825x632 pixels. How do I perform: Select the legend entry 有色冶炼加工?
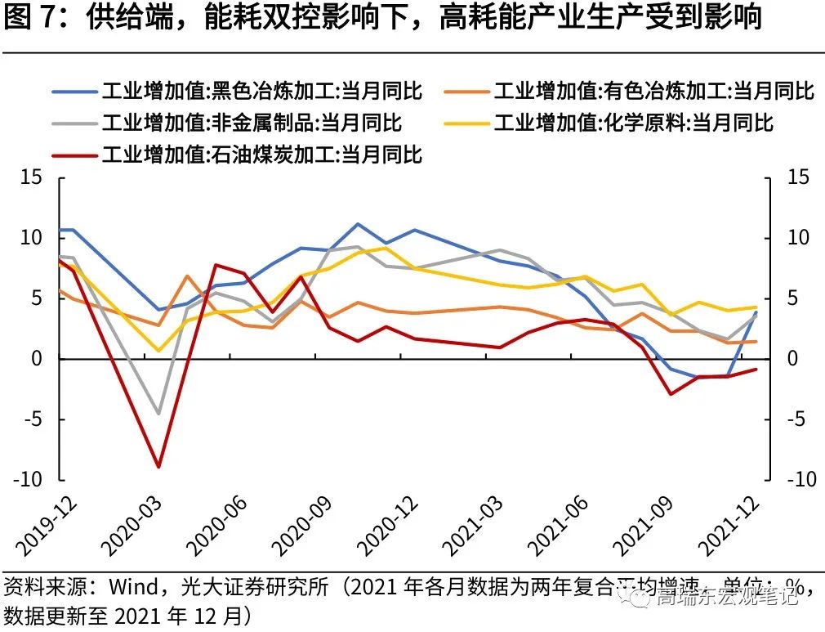653,91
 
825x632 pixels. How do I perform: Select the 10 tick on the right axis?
797,238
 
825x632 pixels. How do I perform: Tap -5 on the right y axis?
796,419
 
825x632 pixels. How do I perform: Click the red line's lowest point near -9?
158,467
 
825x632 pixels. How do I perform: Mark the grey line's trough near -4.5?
158,414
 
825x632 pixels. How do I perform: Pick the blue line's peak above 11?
358,223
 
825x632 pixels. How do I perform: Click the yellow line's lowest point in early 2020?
159,351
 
